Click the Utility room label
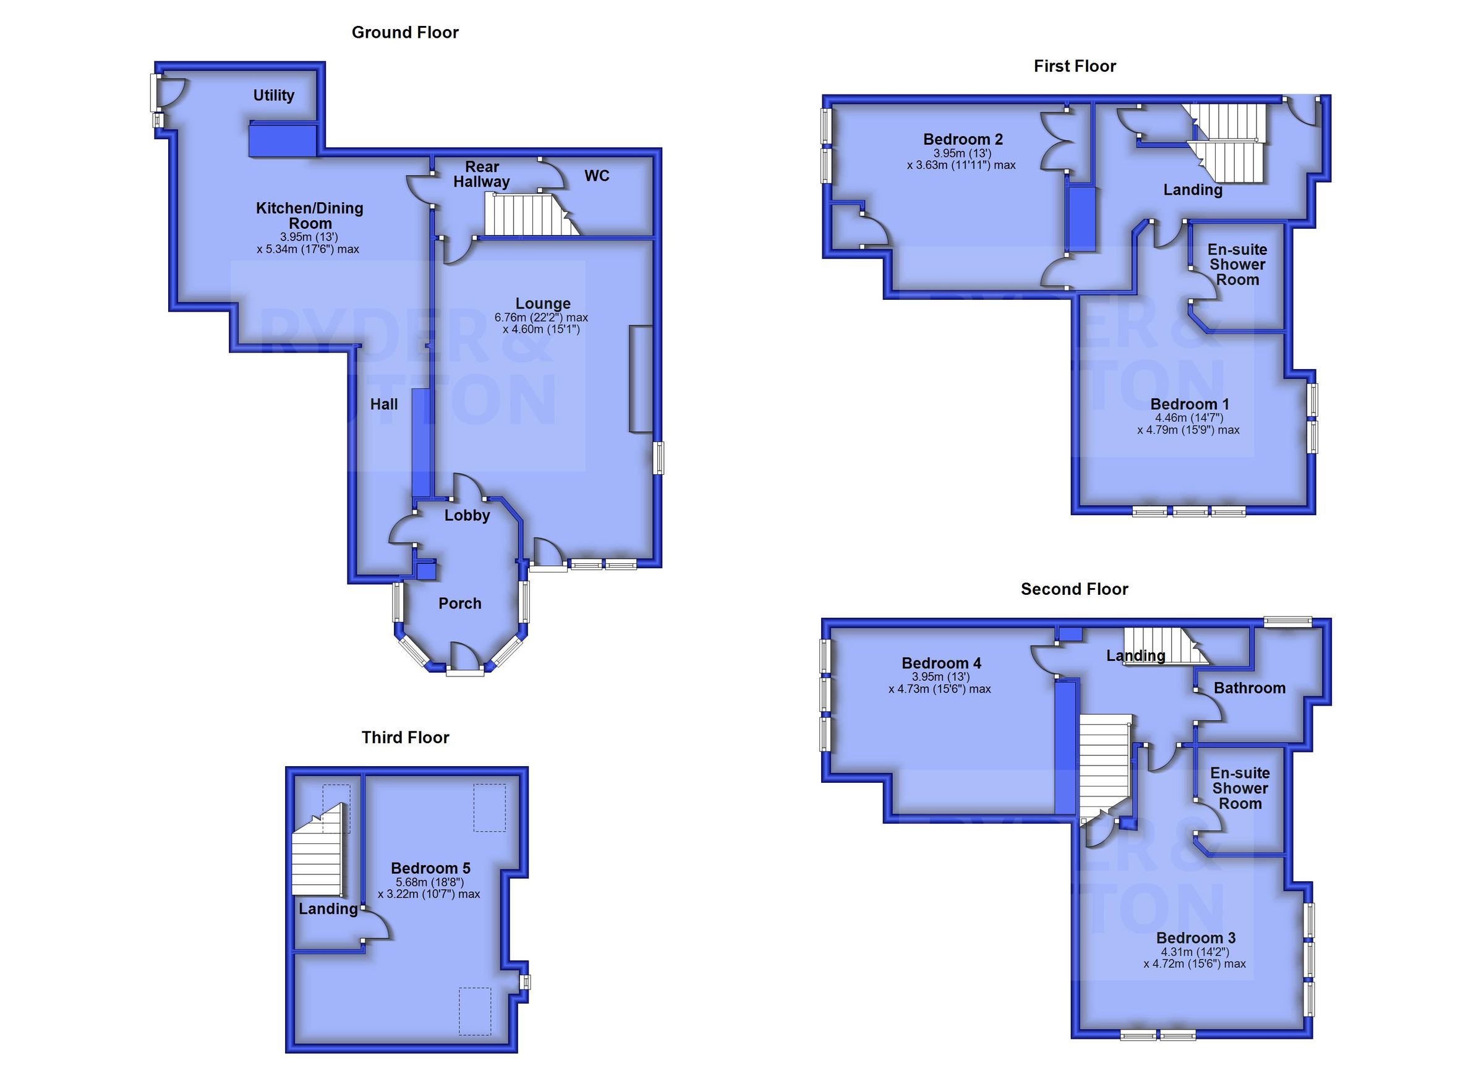pyautogui.click(x=273, y=95)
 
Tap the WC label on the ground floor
pyautogui.click(x=596, y=176)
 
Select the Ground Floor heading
pyautogui.click(x=405, y=33)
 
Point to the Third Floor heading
pyautogui.click(x=405, y=738)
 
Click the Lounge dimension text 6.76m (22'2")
pyautogui.click(x=541, y=317)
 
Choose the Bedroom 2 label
pyautogui.click(x=963, y=139)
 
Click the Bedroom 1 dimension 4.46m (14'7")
pyautogui.click(x=1189, y=417)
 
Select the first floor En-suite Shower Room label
pyautogui.click(x=1237, y=265)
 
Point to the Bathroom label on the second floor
pyautogui.click(x=1249, y=688)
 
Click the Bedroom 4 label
pyautogui.click(x=941, y=663)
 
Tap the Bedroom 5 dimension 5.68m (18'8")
pyautogui.click(x=429, y=882)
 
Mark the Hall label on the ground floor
pyautogui.click(x=383, y=404)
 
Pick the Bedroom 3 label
pyautogui.click(x=1195, y=937)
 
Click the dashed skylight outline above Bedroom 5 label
pyautogui.click(x=490, y=808)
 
